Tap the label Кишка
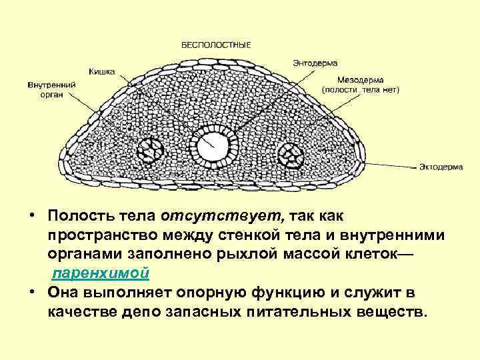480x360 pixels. (102, 71)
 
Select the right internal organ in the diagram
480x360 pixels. (291, 155)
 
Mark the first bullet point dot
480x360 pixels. (32, 217)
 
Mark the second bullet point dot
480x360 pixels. (32, 294)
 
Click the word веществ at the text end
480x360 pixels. (391, 313)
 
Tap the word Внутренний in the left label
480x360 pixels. (51, 85)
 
